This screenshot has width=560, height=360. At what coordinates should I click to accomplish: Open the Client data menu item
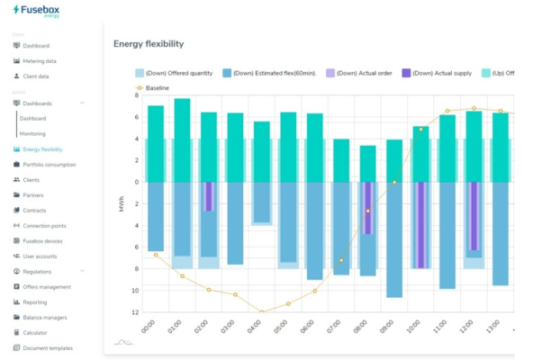(x=36, y=76)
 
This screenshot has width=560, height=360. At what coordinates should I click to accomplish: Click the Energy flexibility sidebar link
(x=42, y=149)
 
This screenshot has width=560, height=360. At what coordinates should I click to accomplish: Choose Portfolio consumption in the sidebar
(x=49, y=165)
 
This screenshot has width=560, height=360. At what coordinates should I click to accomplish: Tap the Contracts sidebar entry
(x=35, y=211)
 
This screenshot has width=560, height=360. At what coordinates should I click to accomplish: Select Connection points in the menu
(x=45, y=226)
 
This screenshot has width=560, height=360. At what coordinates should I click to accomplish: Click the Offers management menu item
(x=46, y=287)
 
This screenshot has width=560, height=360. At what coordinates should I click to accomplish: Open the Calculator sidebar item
(x=35, y=332)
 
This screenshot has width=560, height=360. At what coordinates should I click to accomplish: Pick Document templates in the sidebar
(x=47, y=347)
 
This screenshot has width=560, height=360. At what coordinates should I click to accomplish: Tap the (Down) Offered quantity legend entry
(x=179, y=73)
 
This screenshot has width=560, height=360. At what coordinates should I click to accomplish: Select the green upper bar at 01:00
(x=182, y=139)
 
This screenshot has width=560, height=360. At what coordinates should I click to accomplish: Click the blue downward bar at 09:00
(x=393, y=238)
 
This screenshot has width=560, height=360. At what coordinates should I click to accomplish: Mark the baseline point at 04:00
(x=262, y=311)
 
